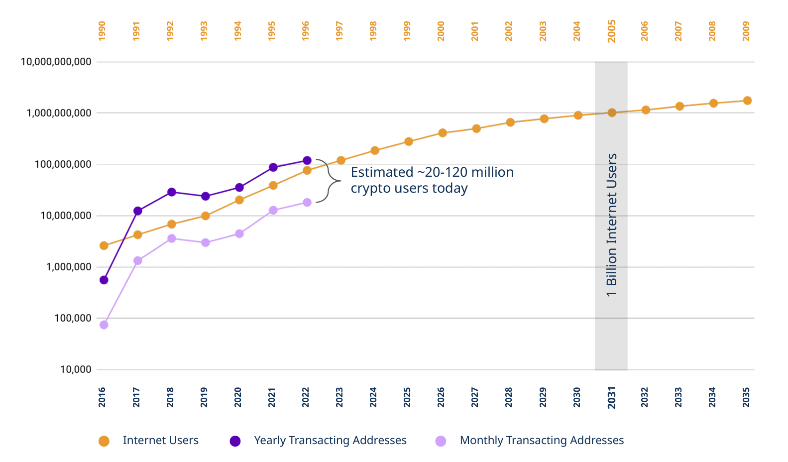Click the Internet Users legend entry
point(160,441)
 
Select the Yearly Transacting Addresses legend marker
point(235,441)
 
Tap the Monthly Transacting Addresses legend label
point(541,441)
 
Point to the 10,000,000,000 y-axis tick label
point(56,62)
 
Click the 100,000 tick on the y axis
point(73,318)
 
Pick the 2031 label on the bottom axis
point(612,397)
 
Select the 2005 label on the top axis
point(612,31)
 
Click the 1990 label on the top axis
point(102,31)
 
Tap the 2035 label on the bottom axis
point(746,397)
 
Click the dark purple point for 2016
point(104,280)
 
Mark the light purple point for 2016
point(104,325)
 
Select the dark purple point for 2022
point(307,160)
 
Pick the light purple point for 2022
point(307,202)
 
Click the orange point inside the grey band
point(612,113)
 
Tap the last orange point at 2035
point(747,101)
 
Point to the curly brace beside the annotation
point(329,181)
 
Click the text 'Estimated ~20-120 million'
point(432,172)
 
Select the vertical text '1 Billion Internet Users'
point(612,225)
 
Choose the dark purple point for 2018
point(171,192)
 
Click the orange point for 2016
point(104,245)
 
